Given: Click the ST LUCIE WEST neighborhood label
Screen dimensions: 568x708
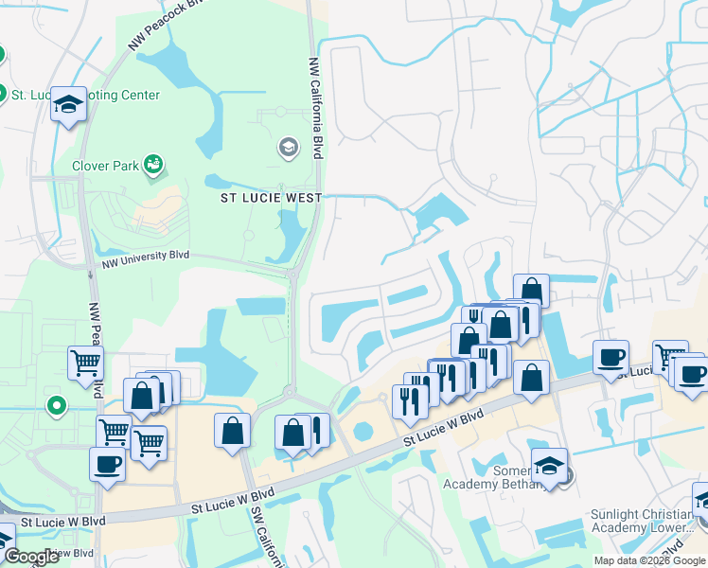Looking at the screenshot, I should [x=271, y=198].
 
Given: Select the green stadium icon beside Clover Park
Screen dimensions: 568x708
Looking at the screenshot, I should [x=152, y=167].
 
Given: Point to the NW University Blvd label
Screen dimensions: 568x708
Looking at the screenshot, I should [x=147, y=255].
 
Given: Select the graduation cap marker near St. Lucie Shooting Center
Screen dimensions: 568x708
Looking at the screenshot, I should [x=68, y=105].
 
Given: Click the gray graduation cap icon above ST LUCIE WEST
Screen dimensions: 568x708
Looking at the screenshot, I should [x=288, y=147].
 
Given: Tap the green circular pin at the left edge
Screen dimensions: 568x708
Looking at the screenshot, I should [x=57, y=407].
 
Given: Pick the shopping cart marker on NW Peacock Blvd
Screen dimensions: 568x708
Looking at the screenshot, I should [x=85, y=363].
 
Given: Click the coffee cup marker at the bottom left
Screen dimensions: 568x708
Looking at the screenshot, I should [x=107, y=465].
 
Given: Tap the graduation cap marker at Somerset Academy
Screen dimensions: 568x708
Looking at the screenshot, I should [x=548, y=467].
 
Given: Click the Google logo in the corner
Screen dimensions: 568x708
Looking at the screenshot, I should [x=31, y=558].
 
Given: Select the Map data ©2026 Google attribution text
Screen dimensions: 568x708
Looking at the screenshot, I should [x=649, y=560].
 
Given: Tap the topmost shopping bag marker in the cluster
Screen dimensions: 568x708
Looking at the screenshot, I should [x=531, y=291].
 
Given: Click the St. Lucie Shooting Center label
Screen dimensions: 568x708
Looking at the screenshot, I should [x=85, y=95].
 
